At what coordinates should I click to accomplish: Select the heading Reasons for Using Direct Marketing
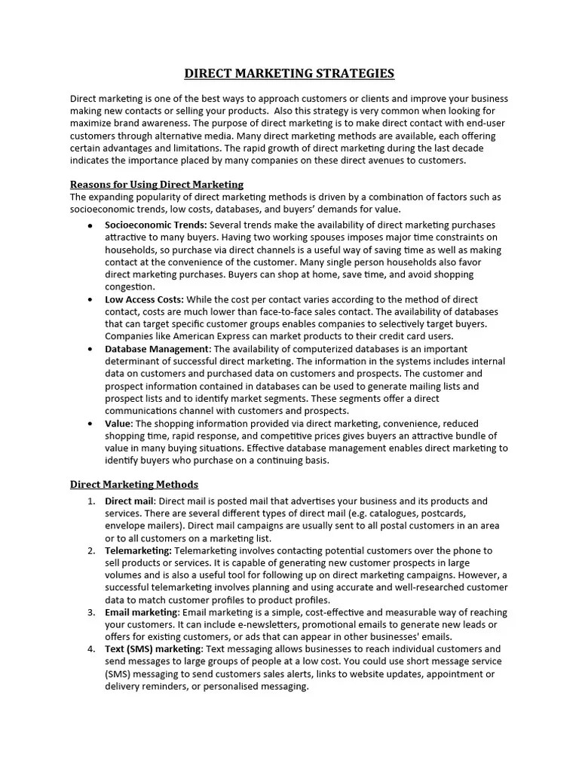(157, 185)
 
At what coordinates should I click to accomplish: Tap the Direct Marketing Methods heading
(134, 484)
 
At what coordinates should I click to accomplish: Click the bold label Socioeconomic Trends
(156, 225)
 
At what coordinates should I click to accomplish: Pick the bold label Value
(118, 424)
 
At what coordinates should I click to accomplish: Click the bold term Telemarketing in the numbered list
(138, 550)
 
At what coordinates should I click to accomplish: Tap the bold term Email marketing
(141, 612)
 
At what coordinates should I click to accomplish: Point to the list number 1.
(90, 501)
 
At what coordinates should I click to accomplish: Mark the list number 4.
(90, 649)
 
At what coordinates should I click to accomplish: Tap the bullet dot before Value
(90, 424)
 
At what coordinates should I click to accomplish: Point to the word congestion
(129, 286)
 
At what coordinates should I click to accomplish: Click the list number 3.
(90, 612)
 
